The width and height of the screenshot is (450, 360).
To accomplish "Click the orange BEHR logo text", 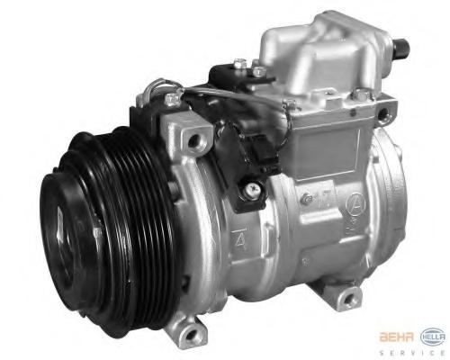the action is pos(397,337).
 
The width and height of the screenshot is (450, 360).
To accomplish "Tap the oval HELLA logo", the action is pos(433,337).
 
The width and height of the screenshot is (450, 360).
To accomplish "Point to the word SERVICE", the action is pos(412,353).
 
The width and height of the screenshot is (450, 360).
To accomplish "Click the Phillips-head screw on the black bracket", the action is pos(250,190).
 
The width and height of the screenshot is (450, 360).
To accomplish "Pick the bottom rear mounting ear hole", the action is pos(349,299).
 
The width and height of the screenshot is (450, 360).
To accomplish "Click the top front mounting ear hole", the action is pos(193,140).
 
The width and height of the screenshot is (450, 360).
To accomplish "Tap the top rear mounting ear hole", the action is pos(383,114).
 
